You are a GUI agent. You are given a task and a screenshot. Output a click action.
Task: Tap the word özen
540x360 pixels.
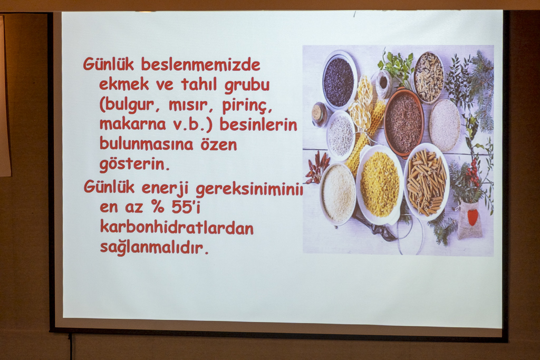click(219, 144)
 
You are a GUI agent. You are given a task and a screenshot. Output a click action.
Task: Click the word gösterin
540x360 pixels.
click(134, 164)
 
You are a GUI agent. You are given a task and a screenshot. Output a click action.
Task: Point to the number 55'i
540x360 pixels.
click(186, 207)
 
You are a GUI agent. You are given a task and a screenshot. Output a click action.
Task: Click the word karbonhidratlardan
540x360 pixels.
click(177, 228)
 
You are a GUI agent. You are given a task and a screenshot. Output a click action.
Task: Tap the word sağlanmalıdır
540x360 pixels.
click(155, 248)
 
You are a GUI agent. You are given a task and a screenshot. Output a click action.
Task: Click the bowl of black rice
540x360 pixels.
click(339, 81)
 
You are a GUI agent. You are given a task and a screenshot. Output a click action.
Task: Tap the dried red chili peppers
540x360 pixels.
click(317, 168)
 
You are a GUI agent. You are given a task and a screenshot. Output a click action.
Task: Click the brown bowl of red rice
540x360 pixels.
click(403, 122)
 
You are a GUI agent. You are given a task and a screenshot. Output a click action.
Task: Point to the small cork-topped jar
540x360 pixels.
click(319, 114)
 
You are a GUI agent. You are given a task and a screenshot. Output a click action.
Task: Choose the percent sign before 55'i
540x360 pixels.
click(157, 207)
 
